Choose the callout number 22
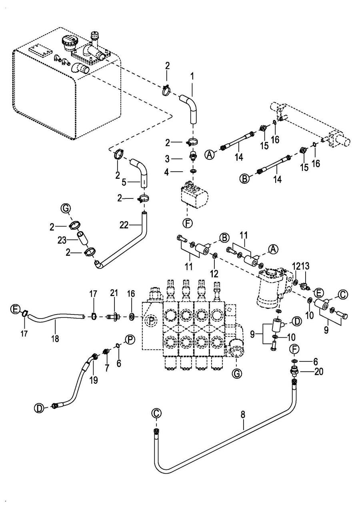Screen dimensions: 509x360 coord(124,226)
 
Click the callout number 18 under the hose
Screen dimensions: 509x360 coord(55,339)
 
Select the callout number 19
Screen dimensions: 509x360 coord(93,380)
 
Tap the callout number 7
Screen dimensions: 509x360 coord(107,369)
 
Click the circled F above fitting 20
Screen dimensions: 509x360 coord(293,349)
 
